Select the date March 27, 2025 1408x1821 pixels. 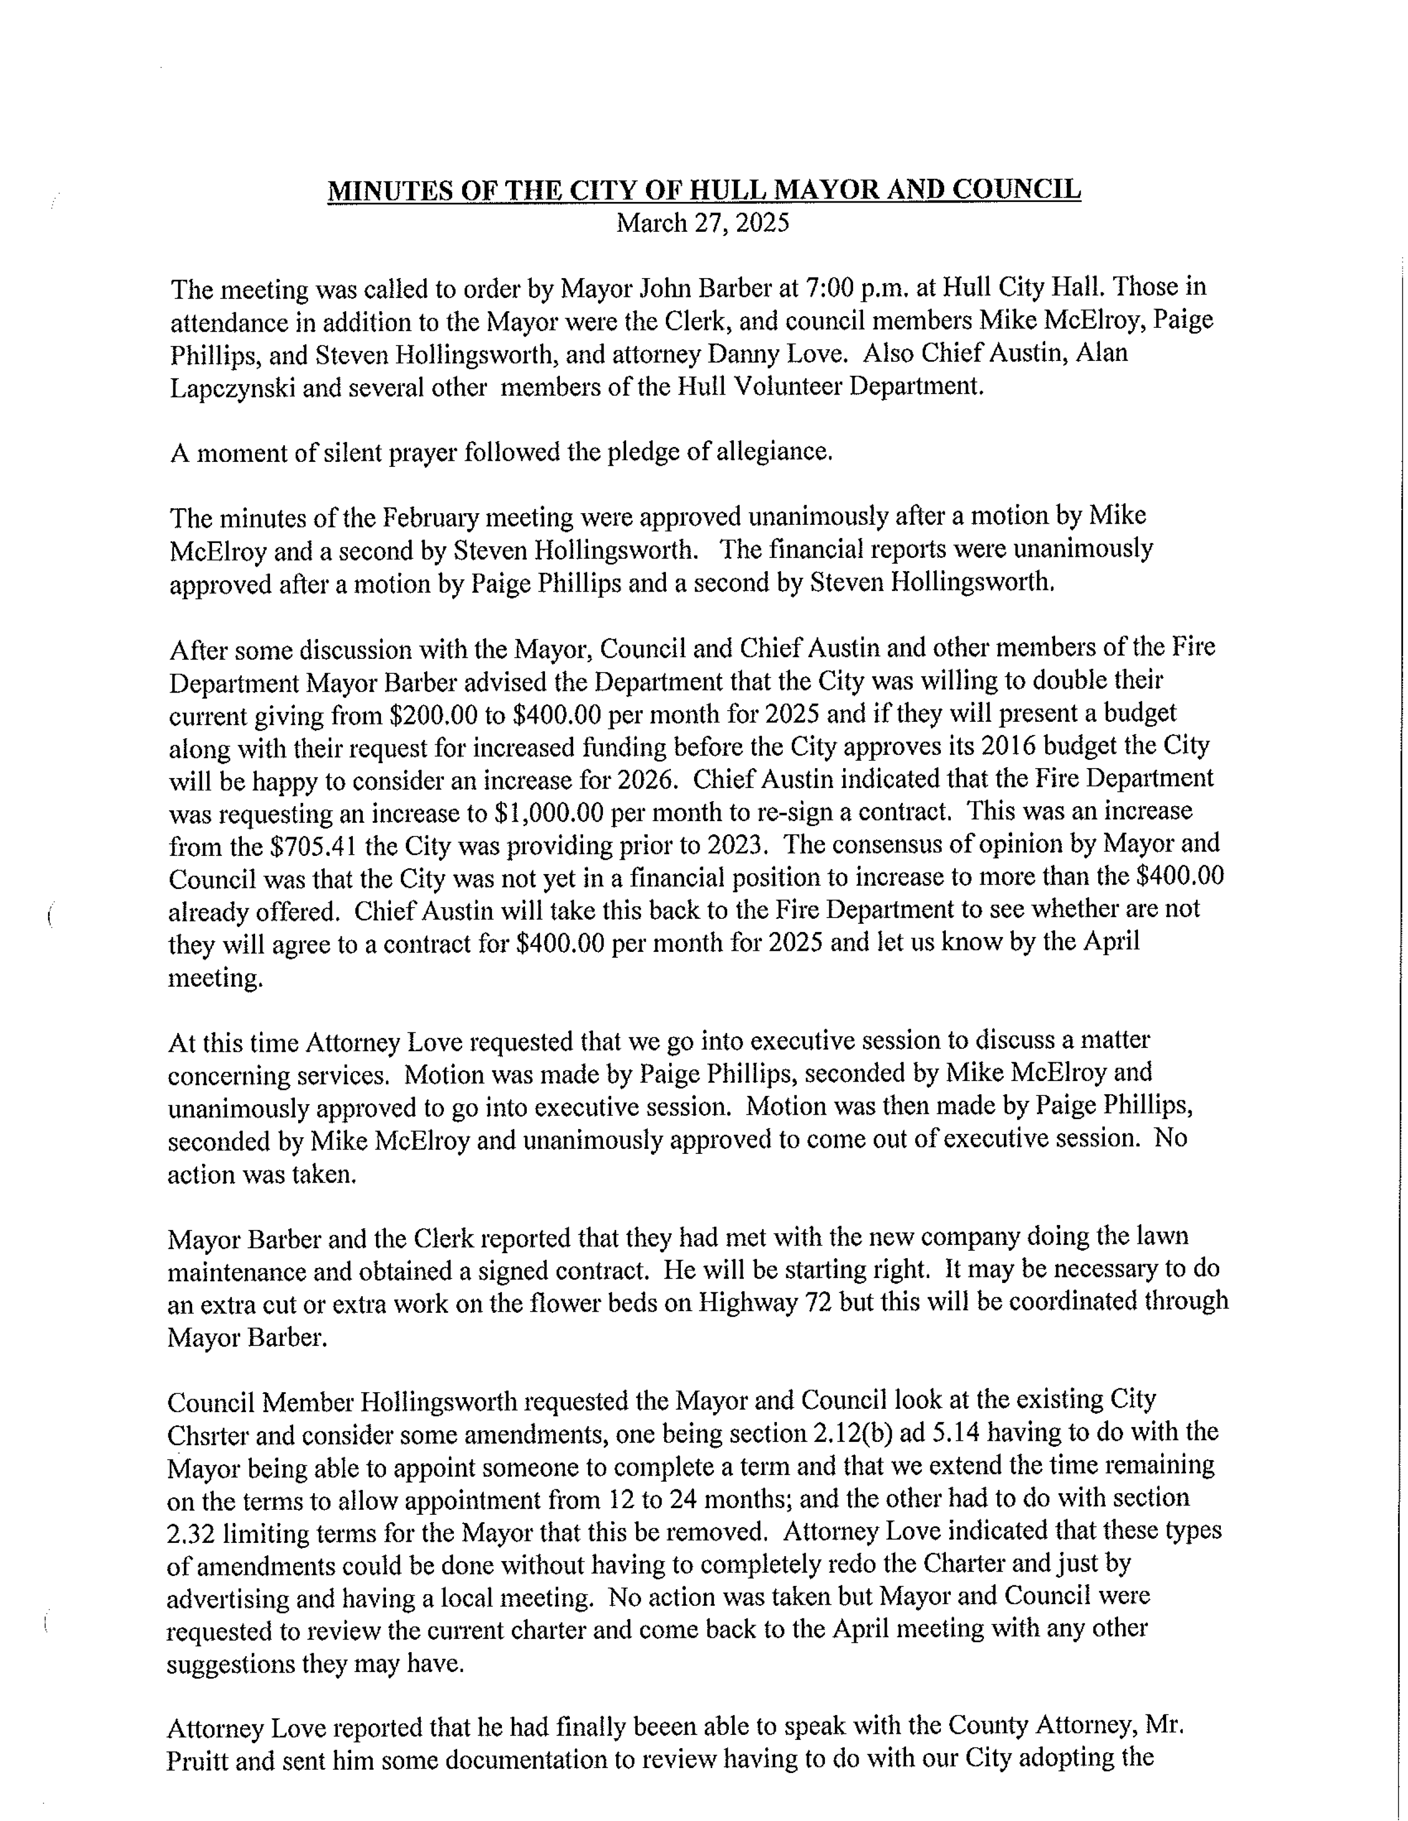tap(702, 223)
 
